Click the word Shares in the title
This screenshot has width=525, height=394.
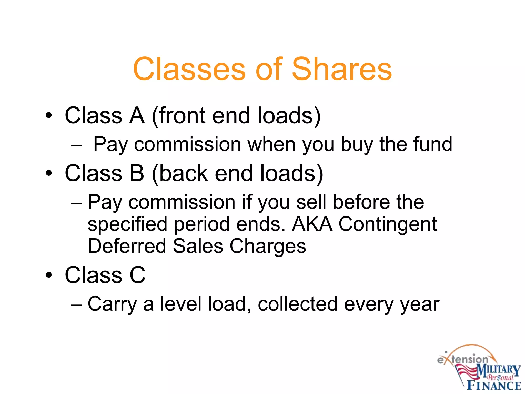pyautogui.click(x=342, y=69)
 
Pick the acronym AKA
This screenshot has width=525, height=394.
pyautogui.click(x=312, y=224)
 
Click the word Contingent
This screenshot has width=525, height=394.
pyautogui.click(x=388, y=224)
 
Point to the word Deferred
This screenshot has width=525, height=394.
pyautogui.click(x=127, y=246)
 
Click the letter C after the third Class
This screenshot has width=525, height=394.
pyautogui.click(x=137, y=275)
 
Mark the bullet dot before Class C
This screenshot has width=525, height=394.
pyautogui.click(x=49, y=275)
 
